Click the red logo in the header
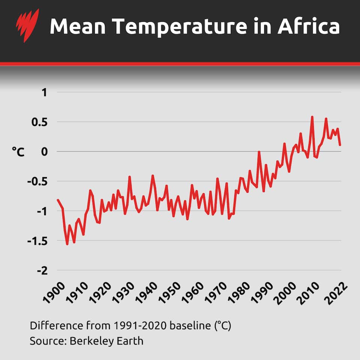click(x=27, y=25)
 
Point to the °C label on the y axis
click(x=18, y=152)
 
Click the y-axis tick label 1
click(x=44, y=92)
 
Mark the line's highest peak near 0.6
click(x=312, y=117)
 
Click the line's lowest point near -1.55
click(x=67, y=244)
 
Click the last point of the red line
click(x=340, y=145)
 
